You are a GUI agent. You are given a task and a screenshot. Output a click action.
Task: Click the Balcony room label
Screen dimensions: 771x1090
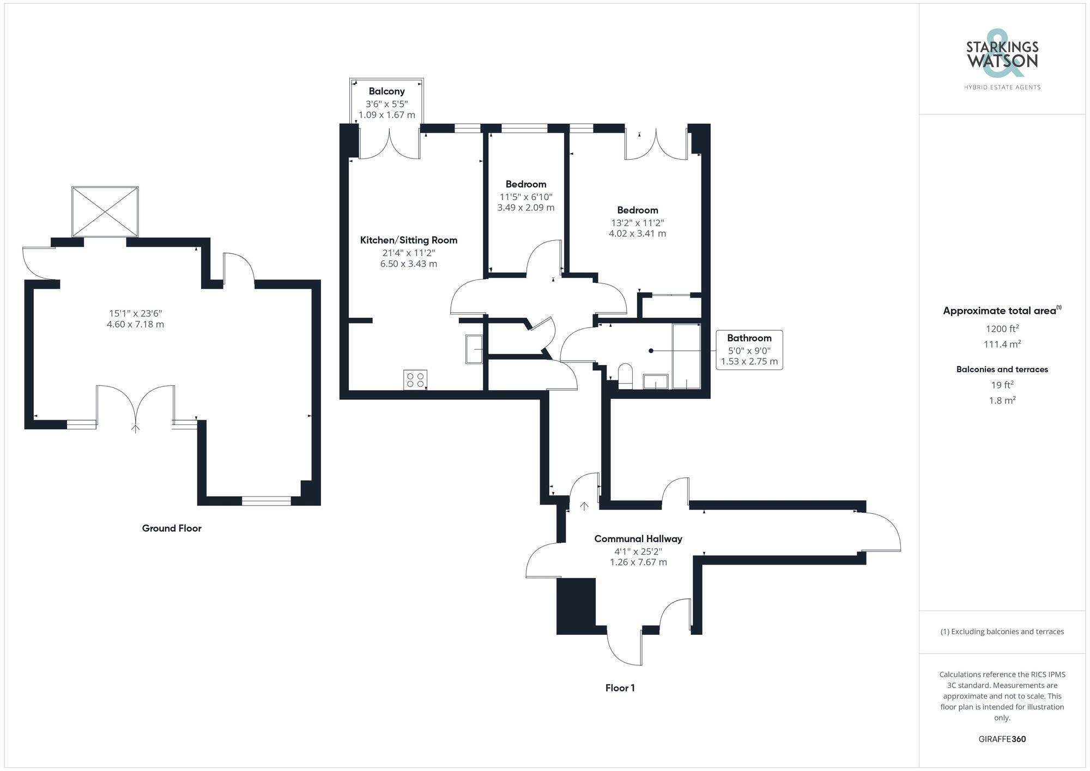[386, 91]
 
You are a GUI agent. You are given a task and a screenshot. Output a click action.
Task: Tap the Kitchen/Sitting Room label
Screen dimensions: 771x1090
[409, 240]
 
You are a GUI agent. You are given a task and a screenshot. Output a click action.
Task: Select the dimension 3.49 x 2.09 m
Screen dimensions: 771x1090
[525, 208]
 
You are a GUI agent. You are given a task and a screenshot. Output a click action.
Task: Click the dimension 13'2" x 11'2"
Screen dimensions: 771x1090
[637, 222]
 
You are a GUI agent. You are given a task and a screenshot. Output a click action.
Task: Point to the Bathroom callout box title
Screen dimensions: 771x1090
[749, 338]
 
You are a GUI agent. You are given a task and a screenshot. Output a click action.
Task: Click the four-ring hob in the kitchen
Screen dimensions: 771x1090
[415, 380]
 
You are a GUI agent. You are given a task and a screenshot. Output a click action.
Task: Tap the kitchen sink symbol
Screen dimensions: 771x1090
[474, 349]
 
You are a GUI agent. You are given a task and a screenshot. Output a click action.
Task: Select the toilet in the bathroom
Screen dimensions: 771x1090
[625, 375]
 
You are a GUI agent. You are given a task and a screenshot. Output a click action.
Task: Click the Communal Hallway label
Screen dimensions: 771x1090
[638, 538]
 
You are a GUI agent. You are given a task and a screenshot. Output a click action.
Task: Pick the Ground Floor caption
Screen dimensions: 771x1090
[172, 528]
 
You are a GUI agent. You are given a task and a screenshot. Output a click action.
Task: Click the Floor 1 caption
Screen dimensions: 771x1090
[620, 688]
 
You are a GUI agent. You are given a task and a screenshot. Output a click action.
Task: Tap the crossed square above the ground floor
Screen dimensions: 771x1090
[105, 211]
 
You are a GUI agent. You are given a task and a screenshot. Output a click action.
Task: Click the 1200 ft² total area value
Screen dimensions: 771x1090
[1002, 329]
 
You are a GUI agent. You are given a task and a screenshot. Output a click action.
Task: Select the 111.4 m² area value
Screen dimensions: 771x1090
[1002, 344]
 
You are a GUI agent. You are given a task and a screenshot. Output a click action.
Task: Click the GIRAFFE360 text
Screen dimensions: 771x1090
[1002, 739]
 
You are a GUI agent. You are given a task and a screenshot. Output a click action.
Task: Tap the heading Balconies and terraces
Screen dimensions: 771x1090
[1002, 369]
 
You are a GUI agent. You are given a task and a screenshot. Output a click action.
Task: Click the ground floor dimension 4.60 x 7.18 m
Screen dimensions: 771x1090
[135, 324]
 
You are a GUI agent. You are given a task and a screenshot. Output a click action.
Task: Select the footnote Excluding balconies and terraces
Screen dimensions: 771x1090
[1002, 632]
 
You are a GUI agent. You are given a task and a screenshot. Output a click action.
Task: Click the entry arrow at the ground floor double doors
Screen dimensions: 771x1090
[135, 428]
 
